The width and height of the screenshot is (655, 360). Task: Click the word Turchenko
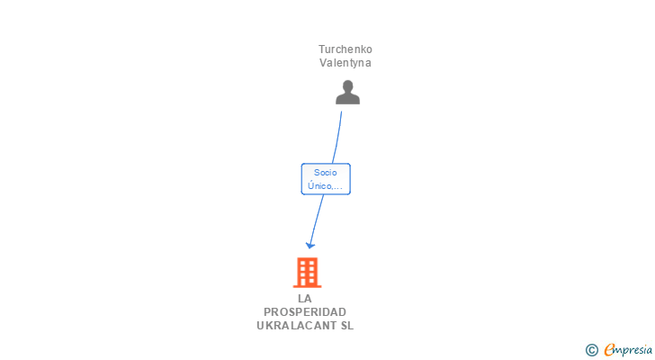[345, 49]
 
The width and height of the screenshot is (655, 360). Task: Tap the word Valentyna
[345, 63]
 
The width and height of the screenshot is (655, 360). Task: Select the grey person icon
[347, 92]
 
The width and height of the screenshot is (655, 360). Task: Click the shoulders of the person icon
[347, 98]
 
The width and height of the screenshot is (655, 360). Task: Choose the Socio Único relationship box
[325, 178]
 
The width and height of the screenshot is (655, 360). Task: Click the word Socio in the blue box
[325, 172]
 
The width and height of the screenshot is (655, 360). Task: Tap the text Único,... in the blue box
[325, 186]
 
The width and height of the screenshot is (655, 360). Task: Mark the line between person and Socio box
[337, 137]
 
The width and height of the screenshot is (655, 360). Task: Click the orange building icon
[308, 272]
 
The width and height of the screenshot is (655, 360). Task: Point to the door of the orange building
[308, 281]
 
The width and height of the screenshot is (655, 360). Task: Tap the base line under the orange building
[308, 286]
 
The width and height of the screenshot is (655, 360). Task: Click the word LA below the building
[305, 298]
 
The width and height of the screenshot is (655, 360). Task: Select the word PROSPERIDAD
[305, 311]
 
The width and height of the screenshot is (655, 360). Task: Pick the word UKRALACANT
[292, 325]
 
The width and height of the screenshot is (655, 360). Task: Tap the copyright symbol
[591, 349]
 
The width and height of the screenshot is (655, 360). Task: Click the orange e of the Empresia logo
[609, 349]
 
